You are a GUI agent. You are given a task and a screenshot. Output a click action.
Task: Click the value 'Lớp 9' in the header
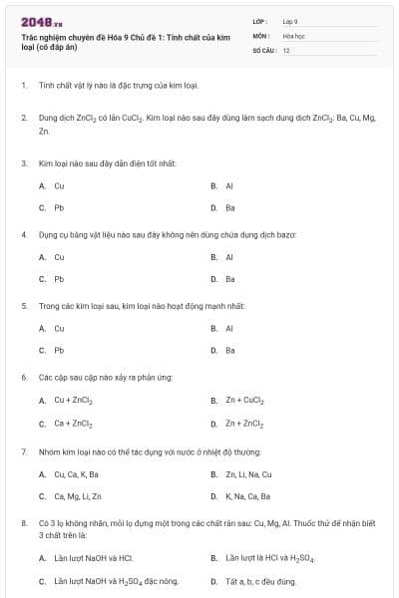click(290, 20)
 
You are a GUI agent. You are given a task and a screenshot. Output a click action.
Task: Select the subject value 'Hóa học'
click(293, 35)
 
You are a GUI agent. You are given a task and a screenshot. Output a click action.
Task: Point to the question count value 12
click(286, 50)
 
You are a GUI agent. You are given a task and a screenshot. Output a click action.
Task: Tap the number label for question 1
click(23, 87)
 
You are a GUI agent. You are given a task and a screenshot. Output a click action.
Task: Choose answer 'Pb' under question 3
click(59, 208)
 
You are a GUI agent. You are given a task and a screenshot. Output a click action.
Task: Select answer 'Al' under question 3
click(229, 185)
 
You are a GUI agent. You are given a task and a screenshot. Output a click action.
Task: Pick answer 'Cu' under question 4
click(59, 256)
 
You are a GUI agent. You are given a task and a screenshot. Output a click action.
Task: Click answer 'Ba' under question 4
click(230, 279)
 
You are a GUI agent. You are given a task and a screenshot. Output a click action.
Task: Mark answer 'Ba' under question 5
click(230, 351)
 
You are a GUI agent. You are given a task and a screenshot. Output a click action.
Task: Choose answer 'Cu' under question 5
click(59, 328)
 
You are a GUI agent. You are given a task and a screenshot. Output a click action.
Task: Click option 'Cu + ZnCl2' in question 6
click(73, 401)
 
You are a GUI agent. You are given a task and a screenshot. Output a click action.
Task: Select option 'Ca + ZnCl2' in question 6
click(73, 424)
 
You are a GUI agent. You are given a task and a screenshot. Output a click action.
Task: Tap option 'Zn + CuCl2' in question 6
click(244, 401)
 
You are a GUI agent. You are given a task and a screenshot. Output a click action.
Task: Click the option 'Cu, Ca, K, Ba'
click(76, 473)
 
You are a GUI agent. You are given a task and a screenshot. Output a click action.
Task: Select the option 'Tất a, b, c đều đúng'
click(260, 580)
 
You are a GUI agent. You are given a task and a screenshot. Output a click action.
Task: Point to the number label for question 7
click(23, 450)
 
